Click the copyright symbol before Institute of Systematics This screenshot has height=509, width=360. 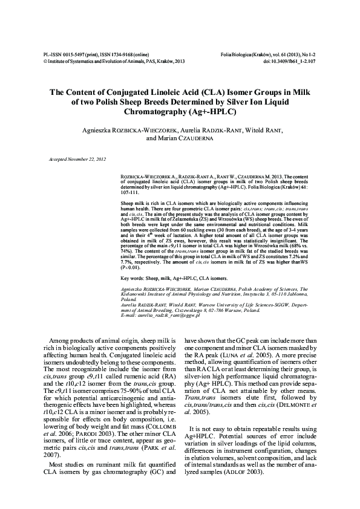click(x=38, y=60)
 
